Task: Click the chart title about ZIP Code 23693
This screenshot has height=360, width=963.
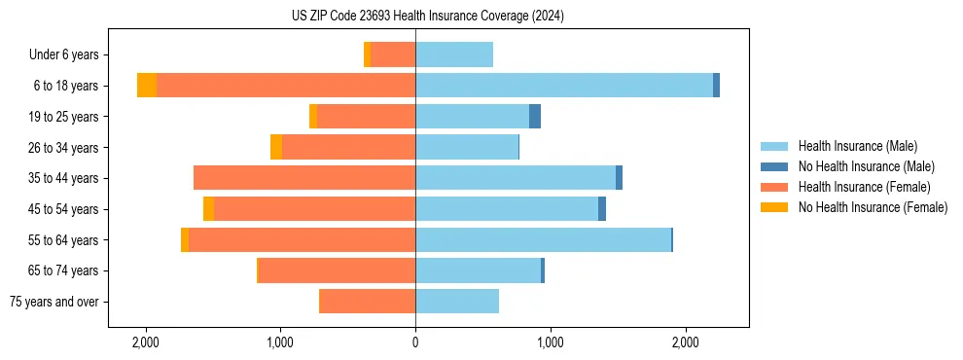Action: (x=427, y=17)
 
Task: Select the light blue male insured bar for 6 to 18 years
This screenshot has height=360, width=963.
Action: (x=564, y=86)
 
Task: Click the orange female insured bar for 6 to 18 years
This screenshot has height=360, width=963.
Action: (x=286, y=86)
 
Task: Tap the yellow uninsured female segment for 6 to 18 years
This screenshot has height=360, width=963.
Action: (x=147, y=86)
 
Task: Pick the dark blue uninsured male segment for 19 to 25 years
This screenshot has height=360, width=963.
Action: (x=535, y=117)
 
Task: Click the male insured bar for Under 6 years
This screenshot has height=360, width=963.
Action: (x=454, y=54)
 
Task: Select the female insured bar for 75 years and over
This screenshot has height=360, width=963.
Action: (x=368, y=302)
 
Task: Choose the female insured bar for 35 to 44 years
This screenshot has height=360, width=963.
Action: (x=304, y=178)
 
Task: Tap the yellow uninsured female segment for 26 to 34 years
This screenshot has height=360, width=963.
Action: (x=276, y=147)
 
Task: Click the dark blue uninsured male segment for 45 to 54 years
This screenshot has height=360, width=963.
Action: (x=602, y=209)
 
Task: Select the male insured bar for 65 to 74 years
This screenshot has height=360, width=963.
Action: (x=478, y=270)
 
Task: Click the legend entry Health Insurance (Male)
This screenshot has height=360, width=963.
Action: (x=856, y=146)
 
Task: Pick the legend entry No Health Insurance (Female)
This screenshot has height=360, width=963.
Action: (x=873, y=207)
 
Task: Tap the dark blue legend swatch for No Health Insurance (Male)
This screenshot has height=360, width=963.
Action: (x=773, y=166)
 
